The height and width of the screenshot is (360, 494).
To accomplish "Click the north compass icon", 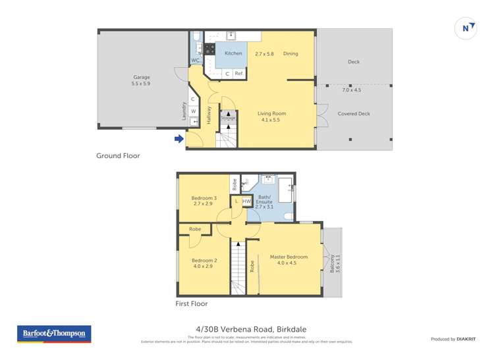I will pyautogui.click(x=466, y=28).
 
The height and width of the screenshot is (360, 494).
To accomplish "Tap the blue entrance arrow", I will pyautogui.click(x=178, y=138).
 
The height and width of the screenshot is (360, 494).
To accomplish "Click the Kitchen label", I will pyautogui.click(x=233, y=53).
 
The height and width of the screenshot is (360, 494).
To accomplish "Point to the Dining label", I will pyautogui.click(x=290, y=53).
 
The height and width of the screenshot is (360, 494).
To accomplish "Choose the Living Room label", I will pyautogui.click(x=271, y=113).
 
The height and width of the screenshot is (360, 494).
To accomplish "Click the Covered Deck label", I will pyautogui.click(x=354, y=113).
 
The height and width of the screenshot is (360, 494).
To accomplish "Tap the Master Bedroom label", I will pyautogui.click(x=288, y=257).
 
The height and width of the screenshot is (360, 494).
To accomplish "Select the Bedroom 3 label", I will pyautogui.click(x=204, y=198).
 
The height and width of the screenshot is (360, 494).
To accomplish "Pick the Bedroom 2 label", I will pyautogui.click(x=204, y=261).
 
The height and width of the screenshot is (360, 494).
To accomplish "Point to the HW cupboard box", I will pyautogui.click(x=247, y=201).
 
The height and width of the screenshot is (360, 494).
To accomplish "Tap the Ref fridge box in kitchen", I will pyautogui.click(x=238, y=74).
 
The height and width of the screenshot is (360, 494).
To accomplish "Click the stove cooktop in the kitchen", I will pyautogui.click(x=209, y=49).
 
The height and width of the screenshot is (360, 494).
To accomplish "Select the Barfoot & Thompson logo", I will pyautogui.click(x=53, y=334).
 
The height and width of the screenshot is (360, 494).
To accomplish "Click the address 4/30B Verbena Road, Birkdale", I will pyautogui.click(x=251, y=329).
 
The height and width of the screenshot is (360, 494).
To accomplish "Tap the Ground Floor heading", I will pyautogui.click(x=118, y=156).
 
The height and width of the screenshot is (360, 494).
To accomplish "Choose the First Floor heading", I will pyautogui.click(x=191, y=303).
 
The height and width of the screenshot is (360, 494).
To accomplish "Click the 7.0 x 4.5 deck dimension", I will pyautogui.click(x=352, y=90).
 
